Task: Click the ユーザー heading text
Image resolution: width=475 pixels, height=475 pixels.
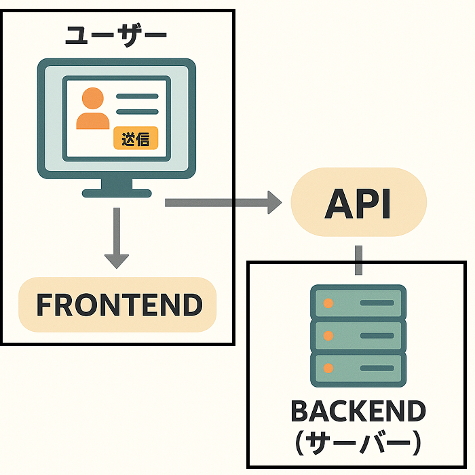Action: [x=116, y=36]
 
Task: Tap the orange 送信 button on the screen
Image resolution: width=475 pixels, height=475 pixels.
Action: [x=135, y=138]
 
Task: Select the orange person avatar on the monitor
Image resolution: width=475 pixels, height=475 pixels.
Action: [x=93, y=109]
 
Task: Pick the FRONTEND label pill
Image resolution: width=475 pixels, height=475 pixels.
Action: [x=118, y=305]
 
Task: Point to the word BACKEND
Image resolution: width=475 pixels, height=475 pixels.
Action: [x=358, y=411]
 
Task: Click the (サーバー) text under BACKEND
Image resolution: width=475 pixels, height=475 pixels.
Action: [x=358, y=443]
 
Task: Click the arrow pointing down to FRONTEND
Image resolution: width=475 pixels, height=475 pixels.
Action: [x=117, y=237]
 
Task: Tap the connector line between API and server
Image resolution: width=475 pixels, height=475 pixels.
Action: [x=358, y=259]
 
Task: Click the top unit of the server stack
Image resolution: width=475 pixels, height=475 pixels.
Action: [x=358, y=303]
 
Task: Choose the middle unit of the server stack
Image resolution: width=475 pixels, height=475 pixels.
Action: [x=358, y=335]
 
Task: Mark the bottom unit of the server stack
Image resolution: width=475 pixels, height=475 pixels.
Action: [x=358, y=368]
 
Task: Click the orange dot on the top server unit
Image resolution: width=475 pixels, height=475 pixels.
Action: [x=328, y=303]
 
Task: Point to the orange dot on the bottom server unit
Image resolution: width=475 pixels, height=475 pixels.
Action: [x=328, y=368]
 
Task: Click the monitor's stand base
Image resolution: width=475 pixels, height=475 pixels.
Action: [x=116, y=193]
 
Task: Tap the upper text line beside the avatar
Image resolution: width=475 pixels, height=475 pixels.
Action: [x=137, y=96]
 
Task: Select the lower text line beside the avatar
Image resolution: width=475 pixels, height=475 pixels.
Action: [x=137, y=112]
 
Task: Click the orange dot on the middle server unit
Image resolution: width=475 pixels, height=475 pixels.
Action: [x=328, y=335]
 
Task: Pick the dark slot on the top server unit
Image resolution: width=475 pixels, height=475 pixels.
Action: [x=377, y=303]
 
